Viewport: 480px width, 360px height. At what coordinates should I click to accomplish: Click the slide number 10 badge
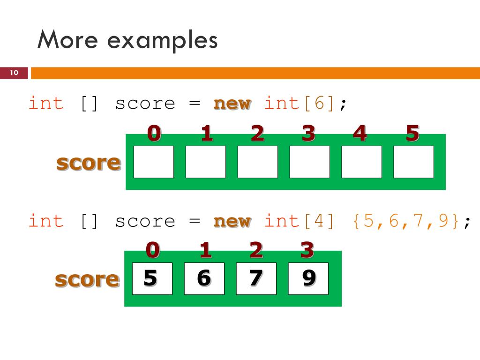(x=14, y=73)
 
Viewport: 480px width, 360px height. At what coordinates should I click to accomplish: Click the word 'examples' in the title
(x=163, y=40)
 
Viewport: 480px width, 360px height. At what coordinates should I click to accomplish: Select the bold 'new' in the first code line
(x=232, y=103)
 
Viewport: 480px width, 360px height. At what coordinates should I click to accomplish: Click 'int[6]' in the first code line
(x=300, y=103)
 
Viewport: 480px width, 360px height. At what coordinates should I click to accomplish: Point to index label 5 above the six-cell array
(x=412, y=134)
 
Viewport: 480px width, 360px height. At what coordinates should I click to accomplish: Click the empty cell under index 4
(x=361, y=162)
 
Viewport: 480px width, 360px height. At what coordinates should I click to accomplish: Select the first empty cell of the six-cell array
(x=153, y=162)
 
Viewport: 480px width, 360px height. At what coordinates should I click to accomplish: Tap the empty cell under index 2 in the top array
(x=257, y=162)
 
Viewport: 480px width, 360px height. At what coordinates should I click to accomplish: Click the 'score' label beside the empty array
(x=88, y=163)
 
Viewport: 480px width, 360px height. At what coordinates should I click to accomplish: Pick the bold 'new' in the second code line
(x=232, y=221)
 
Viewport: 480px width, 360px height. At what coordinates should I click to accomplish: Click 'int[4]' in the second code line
(x=300, y=221)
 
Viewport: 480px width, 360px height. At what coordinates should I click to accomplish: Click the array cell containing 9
(x=308, y=278)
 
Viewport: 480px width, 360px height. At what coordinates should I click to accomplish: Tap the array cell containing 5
(x=152, y=278)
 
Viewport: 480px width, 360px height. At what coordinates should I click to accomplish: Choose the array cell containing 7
(x=256, y=278)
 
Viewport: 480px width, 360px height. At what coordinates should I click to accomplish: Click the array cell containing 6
(x=204, y=278)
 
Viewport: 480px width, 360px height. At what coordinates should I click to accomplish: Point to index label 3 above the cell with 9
(x=307, y=250)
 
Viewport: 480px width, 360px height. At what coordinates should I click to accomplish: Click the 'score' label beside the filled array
(x=87, y=279)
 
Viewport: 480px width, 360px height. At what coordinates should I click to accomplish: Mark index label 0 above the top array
(x=154, y=134)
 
